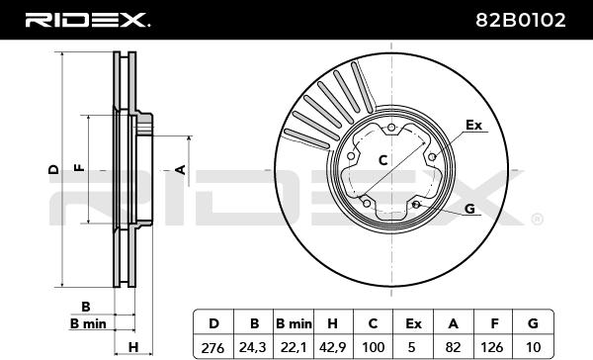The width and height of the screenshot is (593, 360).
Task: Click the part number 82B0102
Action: (x=521, y=20)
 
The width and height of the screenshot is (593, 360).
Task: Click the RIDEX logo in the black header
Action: (x=87, y=20)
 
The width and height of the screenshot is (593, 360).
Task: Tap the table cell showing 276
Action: (x=212, y=347)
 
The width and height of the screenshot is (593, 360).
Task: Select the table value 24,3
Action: (x=253, y=347)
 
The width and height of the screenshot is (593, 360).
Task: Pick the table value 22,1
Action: (x=294, y=347)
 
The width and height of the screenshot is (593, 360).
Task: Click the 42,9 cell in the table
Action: (x=333, y=347)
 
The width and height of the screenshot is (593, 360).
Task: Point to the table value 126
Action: (x=493, y=347)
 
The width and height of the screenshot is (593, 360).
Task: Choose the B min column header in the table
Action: (x=294, y=324)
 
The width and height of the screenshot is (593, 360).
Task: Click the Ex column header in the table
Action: (x=413, y=324)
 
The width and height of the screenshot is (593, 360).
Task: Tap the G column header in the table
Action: (x=533, y=323)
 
